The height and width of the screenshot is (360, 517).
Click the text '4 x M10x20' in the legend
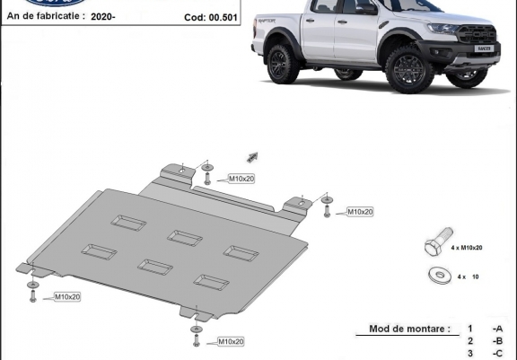coord(467,247)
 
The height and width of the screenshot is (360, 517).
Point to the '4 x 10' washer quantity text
coord(467,277)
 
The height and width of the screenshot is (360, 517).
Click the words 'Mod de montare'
coord(408,329)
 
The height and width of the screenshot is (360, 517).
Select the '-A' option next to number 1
coord(497,329)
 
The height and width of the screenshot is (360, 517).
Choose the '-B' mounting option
coord(497,341)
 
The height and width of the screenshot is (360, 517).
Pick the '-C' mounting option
coord(497,354)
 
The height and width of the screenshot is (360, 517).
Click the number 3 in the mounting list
coord(469,354)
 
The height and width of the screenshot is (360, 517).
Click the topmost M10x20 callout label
coord(241,179)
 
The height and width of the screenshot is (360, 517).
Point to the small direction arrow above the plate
coord(252,157)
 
